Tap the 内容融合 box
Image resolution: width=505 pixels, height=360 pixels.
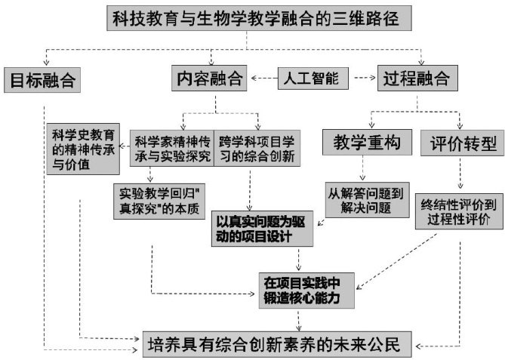pos(209,78)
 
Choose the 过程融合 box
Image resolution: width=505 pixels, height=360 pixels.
pos(416,78)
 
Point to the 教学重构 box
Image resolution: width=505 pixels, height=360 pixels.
pos(362,142)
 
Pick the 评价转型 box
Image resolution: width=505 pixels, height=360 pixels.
pos(457,142)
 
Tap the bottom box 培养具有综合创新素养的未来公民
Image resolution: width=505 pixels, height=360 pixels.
pos(278,345)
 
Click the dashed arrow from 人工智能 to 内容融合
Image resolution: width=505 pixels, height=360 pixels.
pos(262,78)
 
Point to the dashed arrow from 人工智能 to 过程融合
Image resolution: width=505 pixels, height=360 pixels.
pos(365,78)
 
